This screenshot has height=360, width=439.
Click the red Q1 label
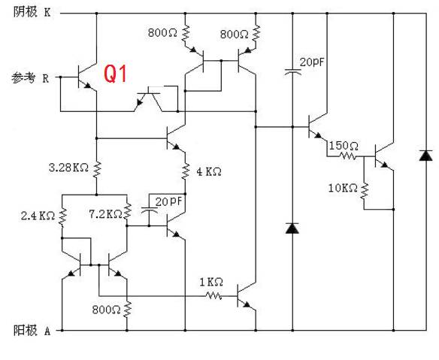coord(115,74)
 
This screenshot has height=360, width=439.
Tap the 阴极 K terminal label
coord(32,12)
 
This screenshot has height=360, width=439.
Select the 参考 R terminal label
coord(30,78)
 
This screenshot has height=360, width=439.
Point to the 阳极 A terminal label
coord(32,331)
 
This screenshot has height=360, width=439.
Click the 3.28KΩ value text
coord(69,168)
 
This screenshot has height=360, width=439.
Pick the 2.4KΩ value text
coord(38,216)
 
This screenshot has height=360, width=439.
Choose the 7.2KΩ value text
coord(105,214)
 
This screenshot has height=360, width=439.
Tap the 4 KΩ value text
coord(209,171)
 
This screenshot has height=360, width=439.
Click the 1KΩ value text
coord(211,282)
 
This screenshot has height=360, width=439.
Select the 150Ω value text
coord(344,146)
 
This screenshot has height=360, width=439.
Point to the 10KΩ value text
coord(343,188)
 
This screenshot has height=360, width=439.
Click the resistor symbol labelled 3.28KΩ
coord(97,169)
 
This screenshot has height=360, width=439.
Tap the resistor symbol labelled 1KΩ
coord(214,295)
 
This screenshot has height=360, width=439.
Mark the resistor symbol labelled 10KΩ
coord(365,191)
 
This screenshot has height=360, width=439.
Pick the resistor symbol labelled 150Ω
coord(349,156)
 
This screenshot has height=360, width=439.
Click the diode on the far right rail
coord(425,156)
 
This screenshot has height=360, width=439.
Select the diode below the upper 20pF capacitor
coord(292,228)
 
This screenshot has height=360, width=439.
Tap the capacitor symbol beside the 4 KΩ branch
coord(149,210)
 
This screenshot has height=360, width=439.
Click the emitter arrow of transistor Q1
coord(88,86)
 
